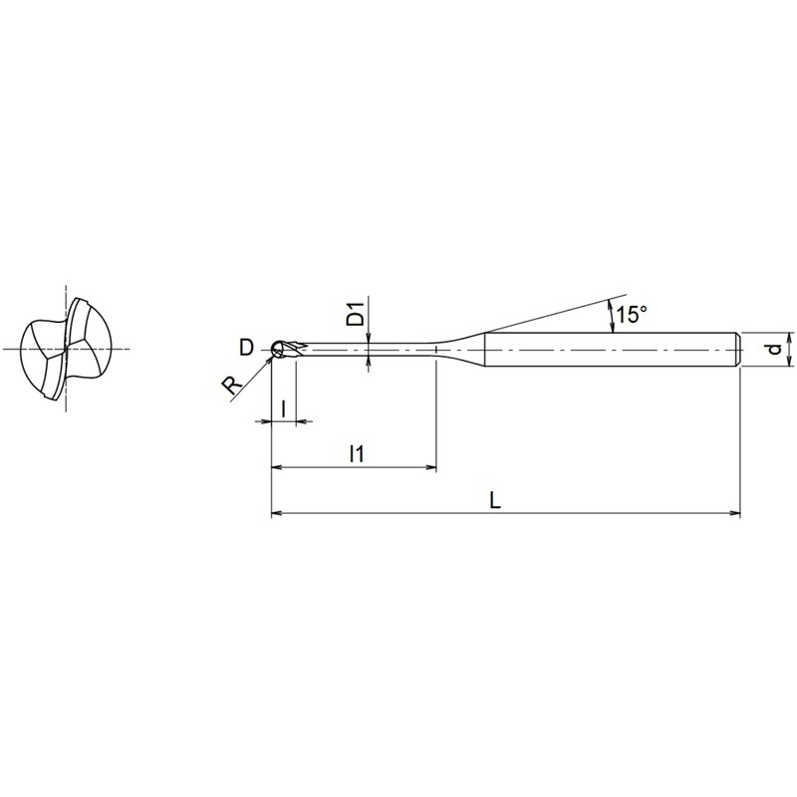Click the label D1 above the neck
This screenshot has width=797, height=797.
point(358,313)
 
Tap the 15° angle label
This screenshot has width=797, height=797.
point(632,315)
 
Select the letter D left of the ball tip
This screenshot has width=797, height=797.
point(246,349)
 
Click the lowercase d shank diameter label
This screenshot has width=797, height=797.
point(774,350)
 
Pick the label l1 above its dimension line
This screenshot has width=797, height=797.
point(357,453)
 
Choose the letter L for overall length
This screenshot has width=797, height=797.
point(495,501)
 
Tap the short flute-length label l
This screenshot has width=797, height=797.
point(284,407)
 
